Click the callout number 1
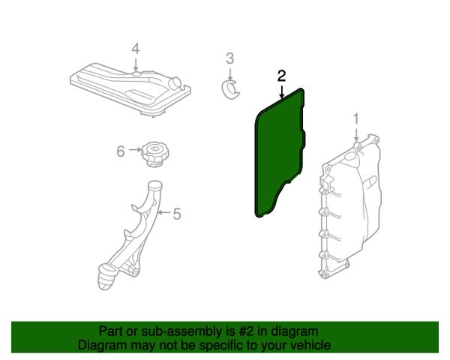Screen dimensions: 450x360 [355, 118]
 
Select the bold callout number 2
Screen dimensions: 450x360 [281, 76]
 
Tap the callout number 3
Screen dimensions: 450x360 [230, 58]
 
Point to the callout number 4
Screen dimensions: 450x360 [136, 49]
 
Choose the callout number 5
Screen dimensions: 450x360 [177, 214]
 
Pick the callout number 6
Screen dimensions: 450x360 [121, 151]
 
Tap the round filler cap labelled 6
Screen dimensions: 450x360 [155, 154]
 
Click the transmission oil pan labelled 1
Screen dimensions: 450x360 [350, 207]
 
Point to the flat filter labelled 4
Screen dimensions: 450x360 [130, 89]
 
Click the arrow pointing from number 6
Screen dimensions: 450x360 [134, 150]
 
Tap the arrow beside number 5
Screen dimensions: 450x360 [165, 212]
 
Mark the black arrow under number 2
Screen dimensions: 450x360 [282, 91]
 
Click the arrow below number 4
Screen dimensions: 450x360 [136, 64]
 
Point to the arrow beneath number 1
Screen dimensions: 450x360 [356, 134]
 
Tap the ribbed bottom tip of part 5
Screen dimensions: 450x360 [107, 278]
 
